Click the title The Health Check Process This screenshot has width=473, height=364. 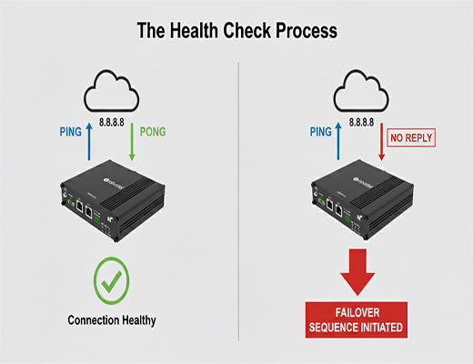click(x=236, y=30)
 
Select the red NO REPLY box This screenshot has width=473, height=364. click(x=410, y=139)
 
